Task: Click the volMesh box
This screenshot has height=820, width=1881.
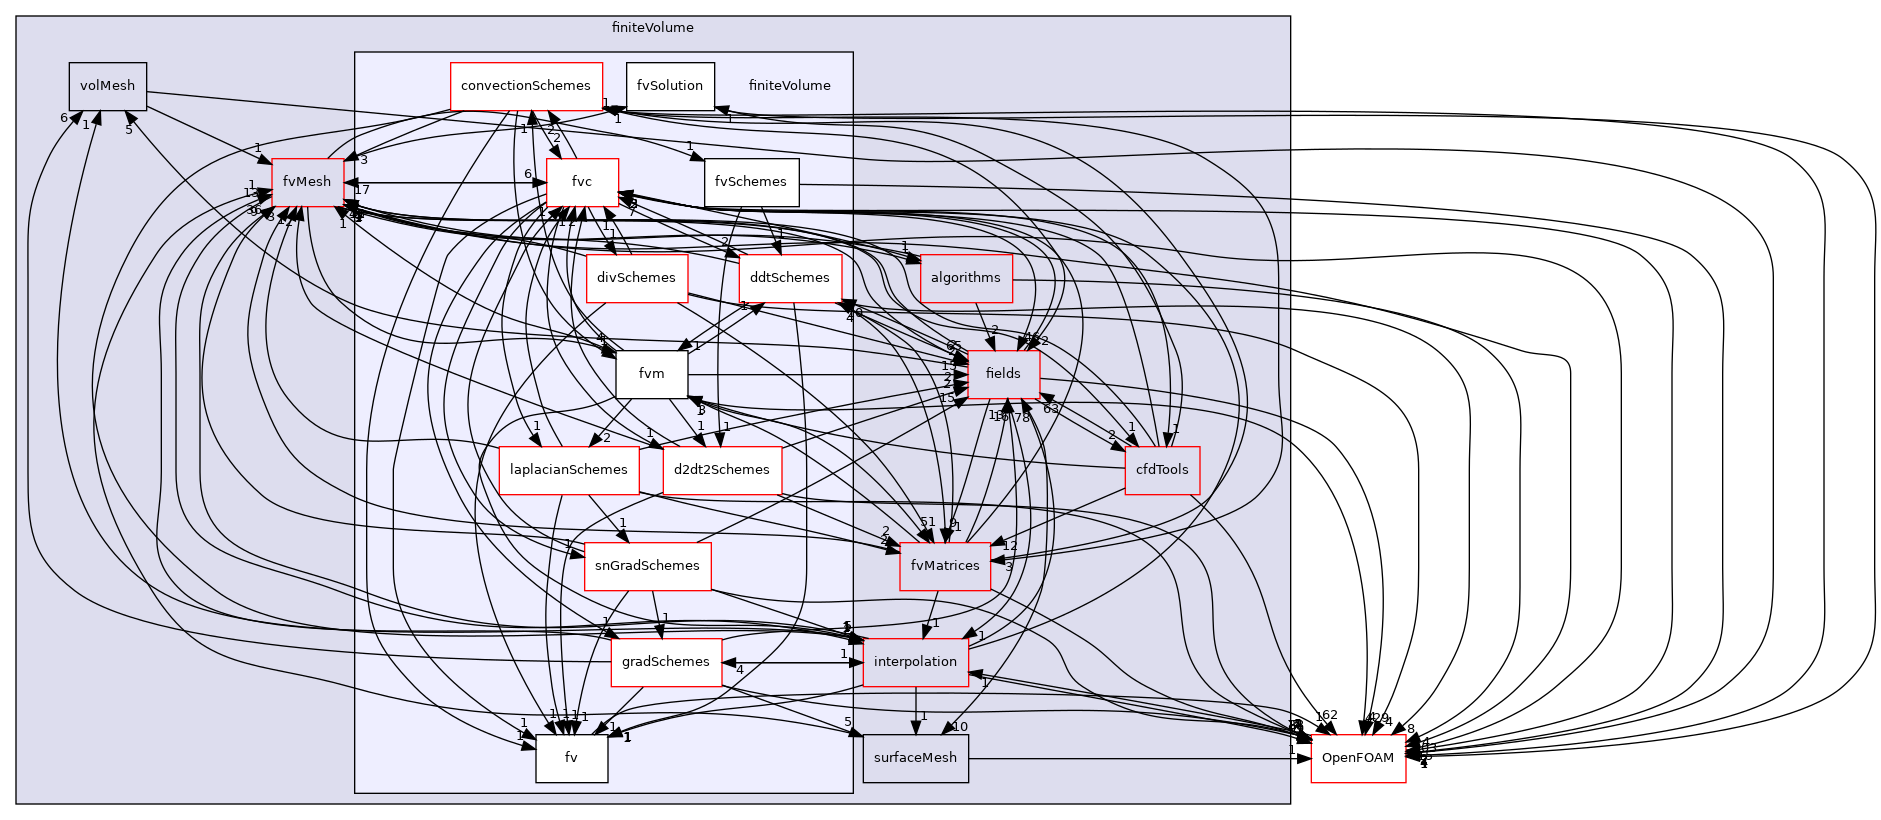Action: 107,86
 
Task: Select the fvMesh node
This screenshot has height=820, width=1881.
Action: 307,182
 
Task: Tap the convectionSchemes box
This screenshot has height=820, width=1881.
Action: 526,86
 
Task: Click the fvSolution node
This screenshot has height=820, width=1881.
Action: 670,86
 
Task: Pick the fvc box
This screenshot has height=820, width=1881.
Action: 582,182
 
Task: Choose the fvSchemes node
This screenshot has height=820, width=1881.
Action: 751,182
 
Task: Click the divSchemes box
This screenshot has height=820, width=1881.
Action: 636,278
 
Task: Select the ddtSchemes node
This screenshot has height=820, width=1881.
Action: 789,278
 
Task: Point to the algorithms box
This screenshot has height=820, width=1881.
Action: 965,278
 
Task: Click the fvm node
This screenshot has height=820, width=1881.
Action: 651,374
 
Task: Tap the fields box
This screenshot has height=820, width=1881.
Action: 1003,374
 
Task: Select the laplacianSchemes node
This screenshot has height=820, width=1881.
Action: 569,470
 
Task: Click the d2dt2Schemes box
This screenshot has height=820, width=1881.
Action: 721,470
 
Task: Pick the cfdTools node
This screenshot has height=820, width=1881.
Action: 1162,470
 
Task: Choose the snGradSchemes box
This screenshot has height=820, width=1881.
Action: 647,566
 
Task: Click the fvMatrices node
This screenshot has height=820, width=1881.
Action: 945,566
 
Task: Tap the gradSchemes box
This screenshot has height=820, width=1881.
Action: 666,662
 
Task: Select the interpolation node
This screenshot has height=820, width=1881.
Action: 915,662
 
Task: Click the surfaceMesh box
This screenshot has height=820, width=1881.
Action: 915,758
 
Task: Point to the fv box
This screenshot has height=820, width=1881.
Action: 571,758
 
